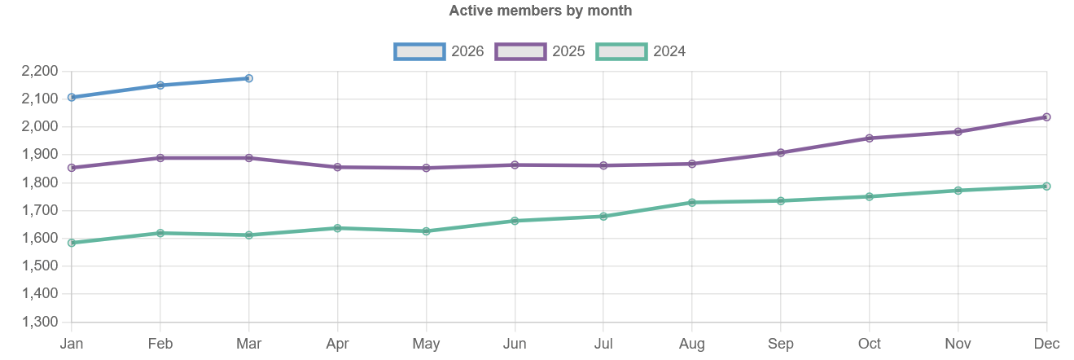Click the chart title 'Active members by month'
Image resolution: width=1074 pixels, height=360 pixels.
click(x=541, y=11)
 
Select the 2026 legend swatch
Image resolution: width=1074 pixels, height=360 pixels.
click(x=419, y=52)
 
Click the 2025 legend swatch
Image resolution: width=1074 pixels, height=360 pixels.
click(x=520, y=52)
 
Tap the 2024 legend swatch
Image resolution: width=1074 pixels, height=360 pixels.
click(x=621, y=52)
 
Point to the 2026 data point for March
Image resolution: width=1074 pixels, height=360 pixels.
click(x=249, y=78)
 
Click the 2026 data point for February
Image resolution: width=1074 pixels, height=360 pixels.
click(x=160, y=86)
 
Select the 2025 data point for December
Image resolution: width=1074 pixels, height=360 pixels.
click(x=1046, y=117)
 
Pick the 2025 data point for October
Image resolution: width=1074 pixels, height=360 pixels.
click(x=870, y=138)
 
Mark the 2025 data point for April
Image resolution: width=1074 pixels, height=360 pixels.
click(x=338, y=167)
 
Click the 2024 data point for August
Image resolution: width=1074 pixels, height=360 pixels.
click(x=692, y=202)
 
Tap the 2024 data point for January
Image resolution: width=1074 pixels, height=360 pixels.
click(x=72, y=243)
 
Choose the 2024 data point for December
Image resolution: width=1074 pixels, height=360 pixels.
click(x=1046, y=186)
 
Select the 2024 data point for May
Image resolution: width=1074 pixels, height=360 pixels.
click(x=426, y=231)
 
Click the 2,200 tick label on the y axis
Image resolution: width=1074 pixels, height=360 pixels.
click(x=40, y=72)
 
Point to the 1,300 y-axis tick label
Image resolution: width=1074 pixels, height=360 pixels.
click(x=40, y=322)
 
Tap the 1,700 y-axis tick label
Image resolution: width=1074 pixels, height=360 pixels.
click(x=40, y=210)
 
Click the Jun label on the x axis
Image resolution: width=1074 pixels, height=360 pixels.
click(x=515, y=344)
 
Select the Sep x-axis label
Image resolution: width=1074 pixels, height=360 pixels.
click(x=781, y=344)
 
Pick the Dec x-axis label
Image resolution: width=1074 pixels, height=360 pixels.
click(x=1046, y=344)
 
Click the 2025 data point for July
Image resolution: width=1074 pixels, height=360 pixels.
click(x=603, y=165)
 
